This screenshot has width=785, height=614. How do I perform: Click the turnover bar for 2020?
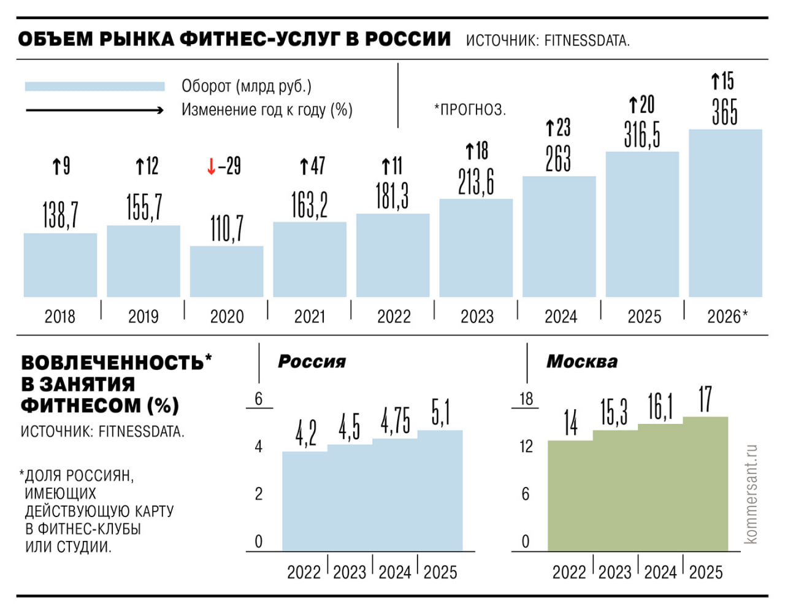coord(226,272)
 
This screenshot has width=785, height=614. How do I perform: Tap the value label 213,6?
coord(476,182)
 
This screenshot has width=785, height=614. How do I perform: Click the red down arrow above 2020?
coord(211,166)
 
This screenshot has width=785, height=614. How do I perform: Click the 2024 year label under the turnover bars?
coord(561,317)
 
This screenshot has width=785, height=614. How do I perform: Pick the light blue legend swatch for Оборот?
coord(94,86)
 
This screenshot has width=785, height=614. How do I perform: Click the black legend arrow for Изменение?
coord(94,110)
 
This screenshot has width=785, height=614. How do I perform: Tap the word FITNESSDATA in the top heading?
coord(586,41)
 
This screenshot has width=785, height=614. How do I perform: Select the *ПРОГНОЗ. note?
coord(470,110)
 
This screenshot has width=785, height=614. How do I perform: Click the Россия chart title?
coord(312,361)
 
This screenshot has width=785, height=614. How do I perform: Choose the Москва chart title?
coord(581,361)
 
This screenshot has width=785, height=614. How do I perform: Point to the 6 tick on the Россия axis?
coord(258,399)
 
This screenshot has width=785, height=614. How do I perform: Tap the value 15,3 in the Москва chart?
coord(614,412)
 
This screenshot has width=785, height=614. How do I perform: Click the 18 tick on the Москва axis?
coord(526,399)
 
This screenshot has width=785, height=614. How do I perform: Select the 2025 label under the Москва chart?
coord(705,572)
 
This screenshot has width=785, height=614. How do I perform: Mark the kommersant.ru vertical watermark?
coord(751,494)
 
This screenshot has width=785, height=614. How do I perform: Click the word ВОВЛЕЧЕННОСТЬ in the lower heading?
coord(112,363)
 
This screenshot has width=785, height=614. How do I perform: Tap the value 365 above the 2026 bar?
coord(724,112)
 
